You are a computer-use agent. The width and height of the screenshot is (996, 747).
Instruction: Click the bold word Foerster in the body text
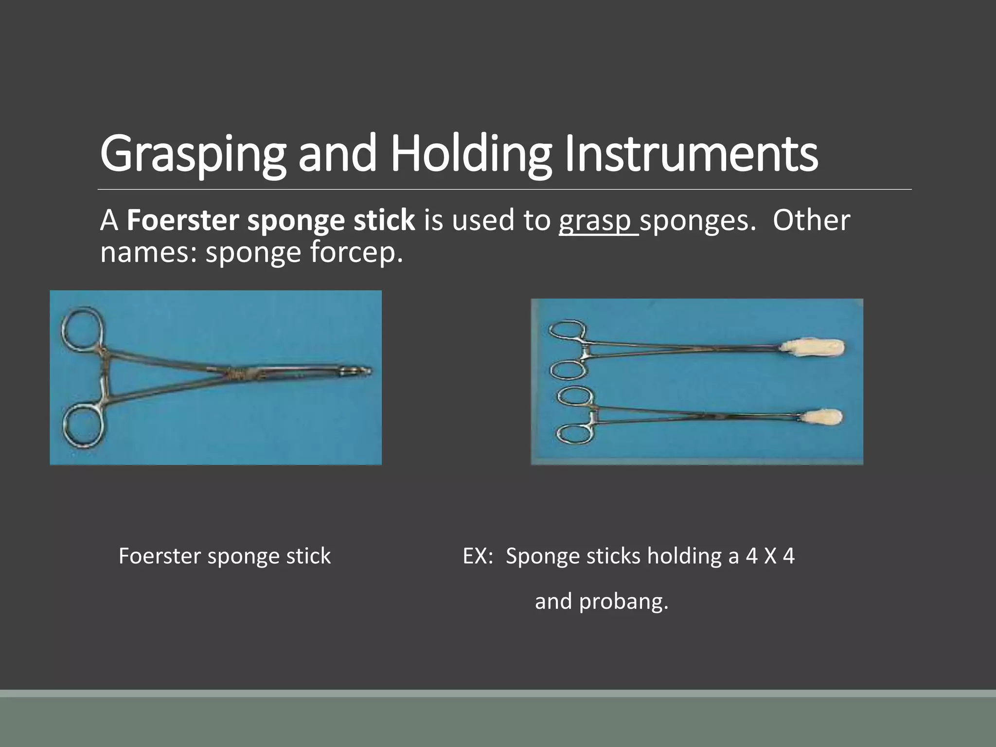pos(182,221)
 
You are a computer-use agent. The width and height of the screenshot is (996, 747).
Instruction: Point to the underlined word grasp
pos(598,221)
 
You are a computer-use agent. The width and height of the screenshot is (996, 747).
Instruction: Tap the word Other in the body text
pos(811,221)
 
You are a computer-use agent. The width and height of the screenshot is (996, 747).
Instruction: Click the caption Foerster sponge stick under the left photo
pos(225,556)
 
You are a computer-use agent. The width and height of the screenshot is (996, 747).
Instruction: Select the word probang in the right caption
pos(623,602)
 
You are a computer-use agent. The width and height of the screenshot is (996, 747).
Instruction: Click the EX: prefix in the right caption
pos(478,556)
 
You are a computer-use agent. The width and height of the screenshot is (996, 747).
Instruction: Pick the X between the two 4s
pos(770,556)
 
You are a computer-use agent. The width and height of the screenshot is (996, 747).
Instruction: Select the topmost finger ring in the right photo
pos(567,330)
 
